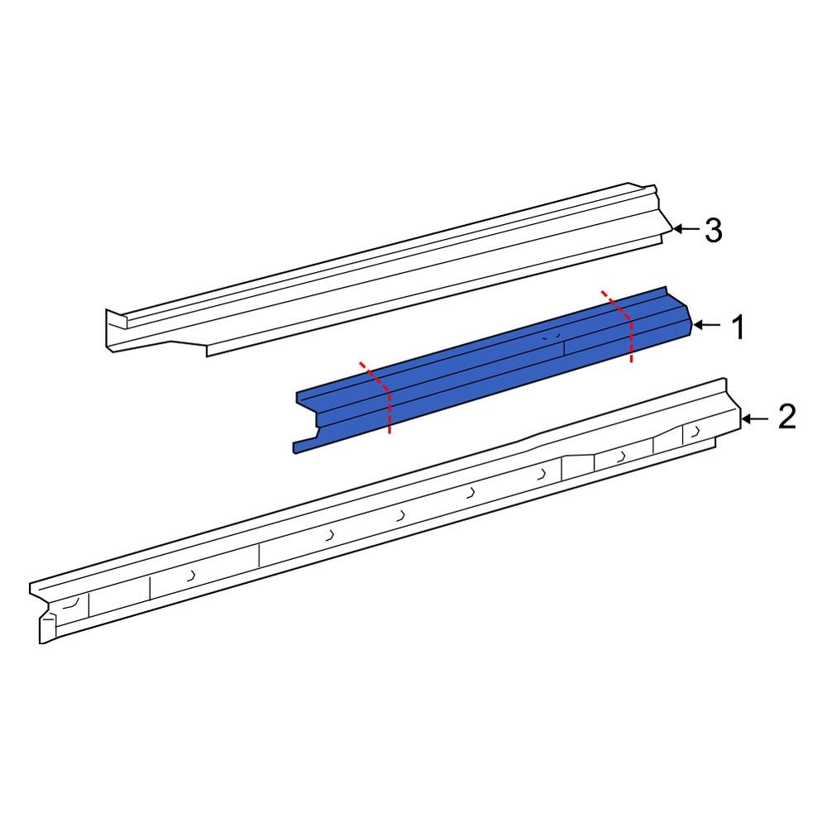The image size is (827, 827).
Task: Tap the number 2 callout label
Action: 786,418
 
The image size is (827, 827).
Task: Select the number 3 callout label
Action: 713,231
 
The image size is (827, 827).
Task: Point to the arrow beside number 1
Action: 707,326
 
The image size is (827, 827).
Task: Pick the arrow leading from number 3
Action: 685,229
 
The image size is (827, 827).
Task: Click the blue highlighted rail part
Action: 496,364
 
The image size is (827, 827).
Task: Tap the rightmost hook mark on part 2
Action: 693,432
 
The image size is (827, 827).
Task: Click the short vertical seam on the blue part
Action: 564,347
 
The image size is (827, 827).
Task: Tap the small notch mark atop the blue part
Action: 546,337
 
